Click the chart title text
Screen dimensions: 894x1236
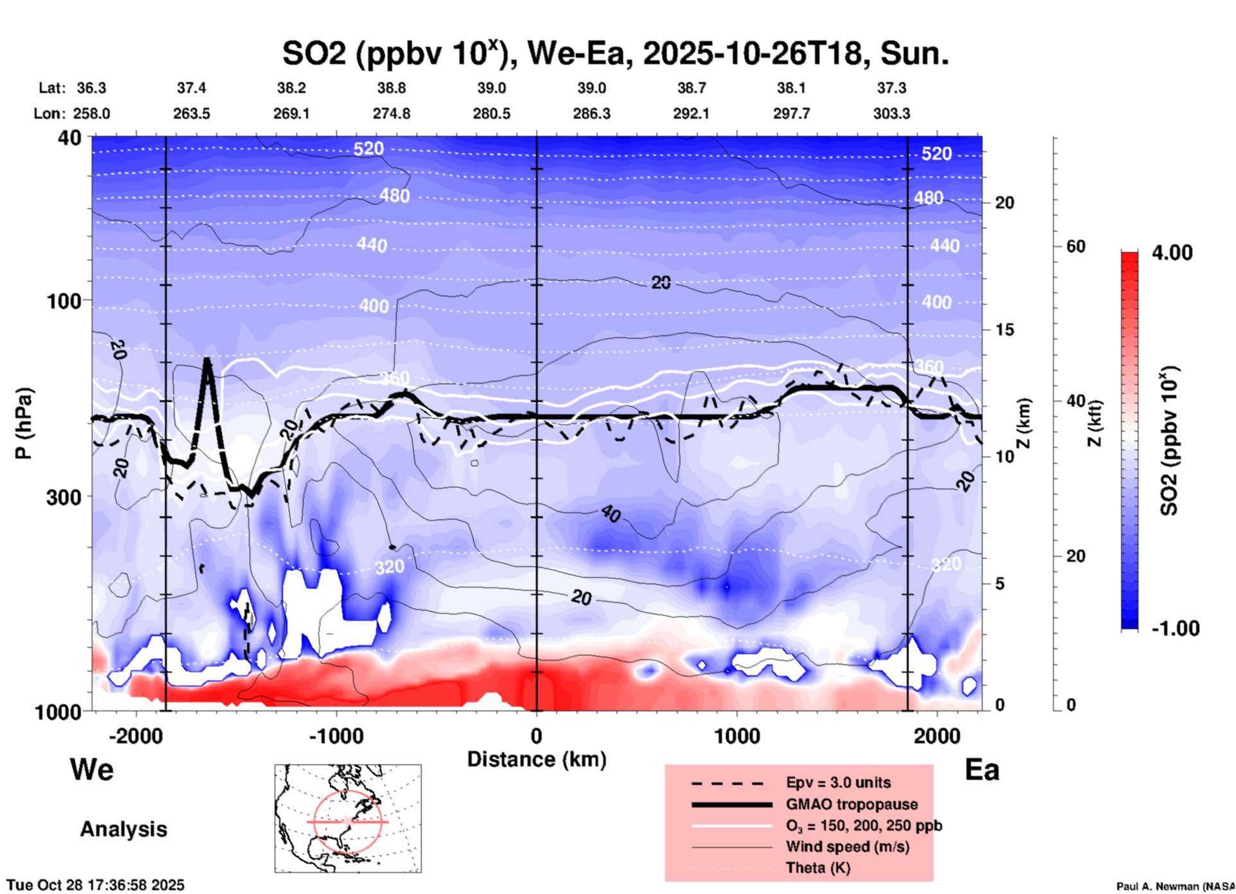tap(615, 54)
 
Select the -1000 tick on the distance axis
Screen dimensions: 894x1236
tap(336, 736)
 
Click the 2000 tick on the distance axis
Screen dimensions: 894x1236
tap(937, 736)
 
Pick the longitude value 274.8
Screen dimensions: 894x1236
tap(391, 114)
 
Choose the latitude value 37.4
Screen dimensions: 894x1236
tap(191, 88)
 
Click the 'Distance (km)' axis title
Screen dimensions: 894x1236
tap(536, 759)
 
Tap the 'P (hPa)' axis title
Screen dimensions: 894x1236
tap(24, 423)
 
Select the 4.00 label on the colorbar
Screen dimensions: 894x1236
tap(1172, 253)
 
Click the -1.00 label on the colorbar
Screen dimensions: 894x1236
tap(1175, 628)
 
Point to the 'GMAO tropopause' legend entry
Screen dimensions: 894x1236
tap(852, 804)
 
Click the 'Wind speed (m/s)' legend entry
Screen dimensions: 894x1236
tap(847, 847)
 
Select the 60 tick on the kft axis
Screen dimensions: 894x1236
tap(1076, 246)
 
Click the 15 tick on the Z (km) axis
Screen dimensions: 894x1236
tap(1004, 330)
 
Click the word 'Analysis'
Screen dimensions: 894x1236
tap(123, 829)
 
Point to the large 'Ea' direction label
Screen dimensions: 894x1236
tap(982, 770)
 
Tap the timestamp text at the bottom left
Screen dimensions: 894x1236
tap(96, 885)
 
